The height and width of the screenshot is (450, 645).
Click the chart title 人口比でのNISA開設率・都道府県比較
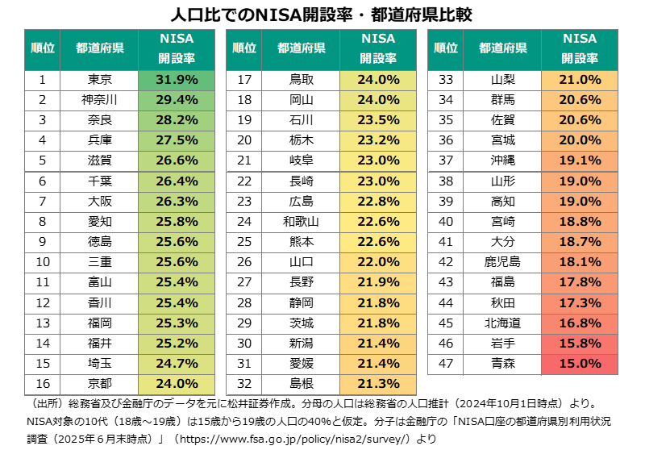tap(322, 15)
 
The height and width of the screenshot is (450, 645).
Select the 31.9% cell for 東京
tap(176, 80)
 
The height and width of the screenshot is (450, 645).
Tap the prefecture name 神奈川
tap(100, 100)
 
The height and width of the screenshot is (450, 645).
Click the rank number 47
tap(445, 363)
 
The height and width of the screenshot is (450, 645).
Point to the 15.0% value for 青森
tap(580, 363)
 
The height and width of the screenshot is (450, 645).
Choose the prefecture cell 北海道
tap(502, 323)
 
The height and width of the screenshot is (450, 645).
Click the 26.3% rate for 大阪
tap(176, 201)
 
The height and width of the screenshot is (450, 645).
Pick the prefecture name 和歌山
tap(301, 221)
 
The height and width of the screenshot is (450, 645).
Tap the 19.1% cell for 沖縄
tap(580, 160)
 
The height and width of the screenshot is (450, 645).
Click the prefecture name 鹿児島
tap(502, 261)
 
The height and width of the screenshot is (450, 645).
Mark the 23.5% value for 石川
tap(378, 120)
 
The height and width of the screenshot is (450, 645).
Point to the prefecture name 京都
tap(100, 383)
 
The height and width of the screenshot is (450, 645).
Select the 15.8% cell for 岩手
tap(580, 343)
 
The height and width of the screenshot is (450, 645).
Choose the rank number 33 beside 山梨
tap(445, 80)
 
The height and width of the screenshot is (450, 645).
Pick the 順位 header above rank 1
tap(41, 49)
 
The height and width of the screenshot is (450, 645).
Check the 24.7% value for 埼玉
tap(176, 363)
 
